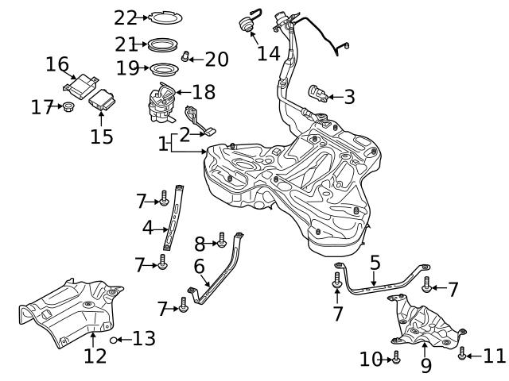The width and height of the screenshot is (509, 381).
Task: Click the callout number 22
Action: [x=126, y=17]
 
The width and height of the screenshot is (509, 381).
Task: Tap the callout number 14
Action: [x=269, y=54]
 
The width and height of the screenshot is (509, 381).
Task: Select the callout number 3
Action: [x=348, y=97]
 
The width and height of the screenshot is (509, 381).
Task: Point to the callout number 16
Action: [x=57, y=63]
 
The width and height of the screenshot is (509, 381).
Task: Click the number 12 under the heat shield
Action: [x=95, y=356]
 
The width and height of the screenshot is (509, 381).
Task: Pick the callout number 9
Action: [x=425, y=365]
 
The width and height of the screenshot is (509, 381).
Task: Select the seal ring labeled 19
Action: [x=163, y=68]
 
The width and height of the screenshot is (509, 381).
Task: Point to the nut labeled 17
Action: [x=68, y=106]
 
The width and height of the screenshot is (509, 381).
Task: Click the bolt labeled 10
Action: [x=395, y=360]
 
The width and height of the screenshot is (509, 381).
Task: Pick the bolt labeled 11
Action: [x=462, y=355]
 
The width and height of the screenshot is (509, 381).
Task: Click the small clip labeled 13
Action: [x=114, y=340]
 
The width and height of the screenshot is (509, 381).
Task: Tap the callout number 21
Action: [x=126, y=44]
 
